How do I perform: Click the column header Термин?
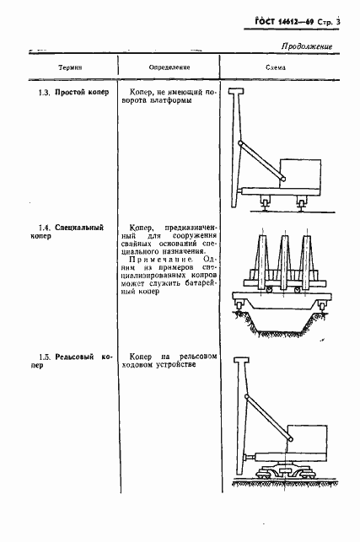click(x=70, y=67)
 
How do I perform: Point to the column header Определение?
click(x=169, y=67)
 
